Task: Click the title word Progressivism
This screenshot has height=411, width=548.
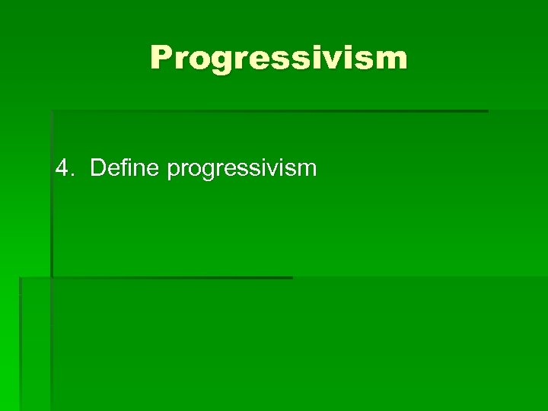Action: [x=279, y=58]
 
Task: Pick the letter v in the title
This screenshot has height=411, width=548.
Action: [x=346, y=60]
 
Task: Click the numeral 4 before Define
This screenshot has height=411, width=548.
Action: [x=62, y=167]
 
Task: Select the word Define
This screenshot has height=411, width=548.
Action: [x=124, y=167]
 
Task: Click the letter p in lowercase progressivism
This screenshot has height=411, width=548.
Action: [x=173, y=171]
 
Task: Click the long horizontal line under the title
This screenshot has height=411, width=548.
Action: [x=269, y=111]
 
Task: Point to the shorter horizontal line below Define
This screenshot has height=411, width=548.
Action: [x=171, y=278]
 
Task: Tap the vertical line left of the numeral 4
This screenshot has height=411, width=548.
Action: [x=52, y=194]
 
